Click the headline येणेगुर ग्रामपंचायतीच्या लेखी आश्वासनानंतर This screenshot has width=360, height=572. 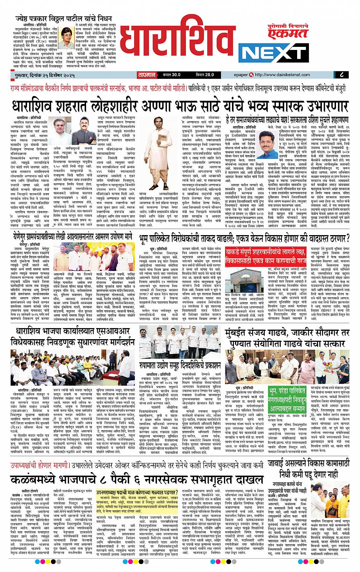pos(69,237)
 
